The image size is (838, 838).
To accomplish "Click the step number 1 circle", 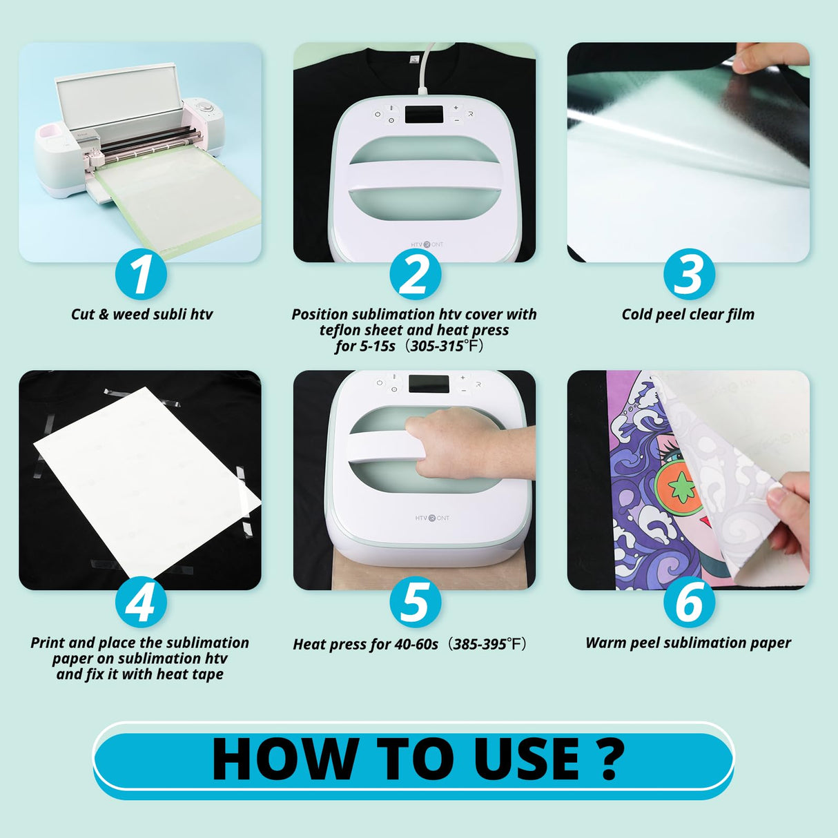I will point(141,275).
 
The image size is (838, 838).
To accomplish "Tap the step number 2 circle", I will point(415,275).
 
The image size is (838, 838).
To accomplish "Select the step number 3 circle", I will point(688,275).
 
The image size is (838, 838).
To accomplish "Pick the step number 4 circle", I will point(141,603).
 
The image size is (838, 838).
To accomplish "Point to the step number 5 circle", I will point(415,603).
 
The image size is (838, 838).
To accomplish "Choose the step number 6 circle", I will point(688,603).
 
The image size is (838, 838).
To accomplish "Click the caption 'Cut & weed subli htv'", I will point(142,314).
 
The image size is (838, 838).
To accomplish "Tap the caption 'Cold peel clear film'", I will point(688,314).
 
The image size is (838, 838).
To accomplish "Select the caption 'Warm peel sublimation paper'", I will point(688,643).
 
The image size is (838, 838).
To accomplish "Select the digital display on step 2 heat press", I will point(423,115).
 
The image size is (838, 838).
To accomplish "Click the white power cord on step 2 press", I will point(422,69).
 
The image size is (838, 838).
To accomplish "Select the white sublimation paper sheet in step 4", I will point(146,476).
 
